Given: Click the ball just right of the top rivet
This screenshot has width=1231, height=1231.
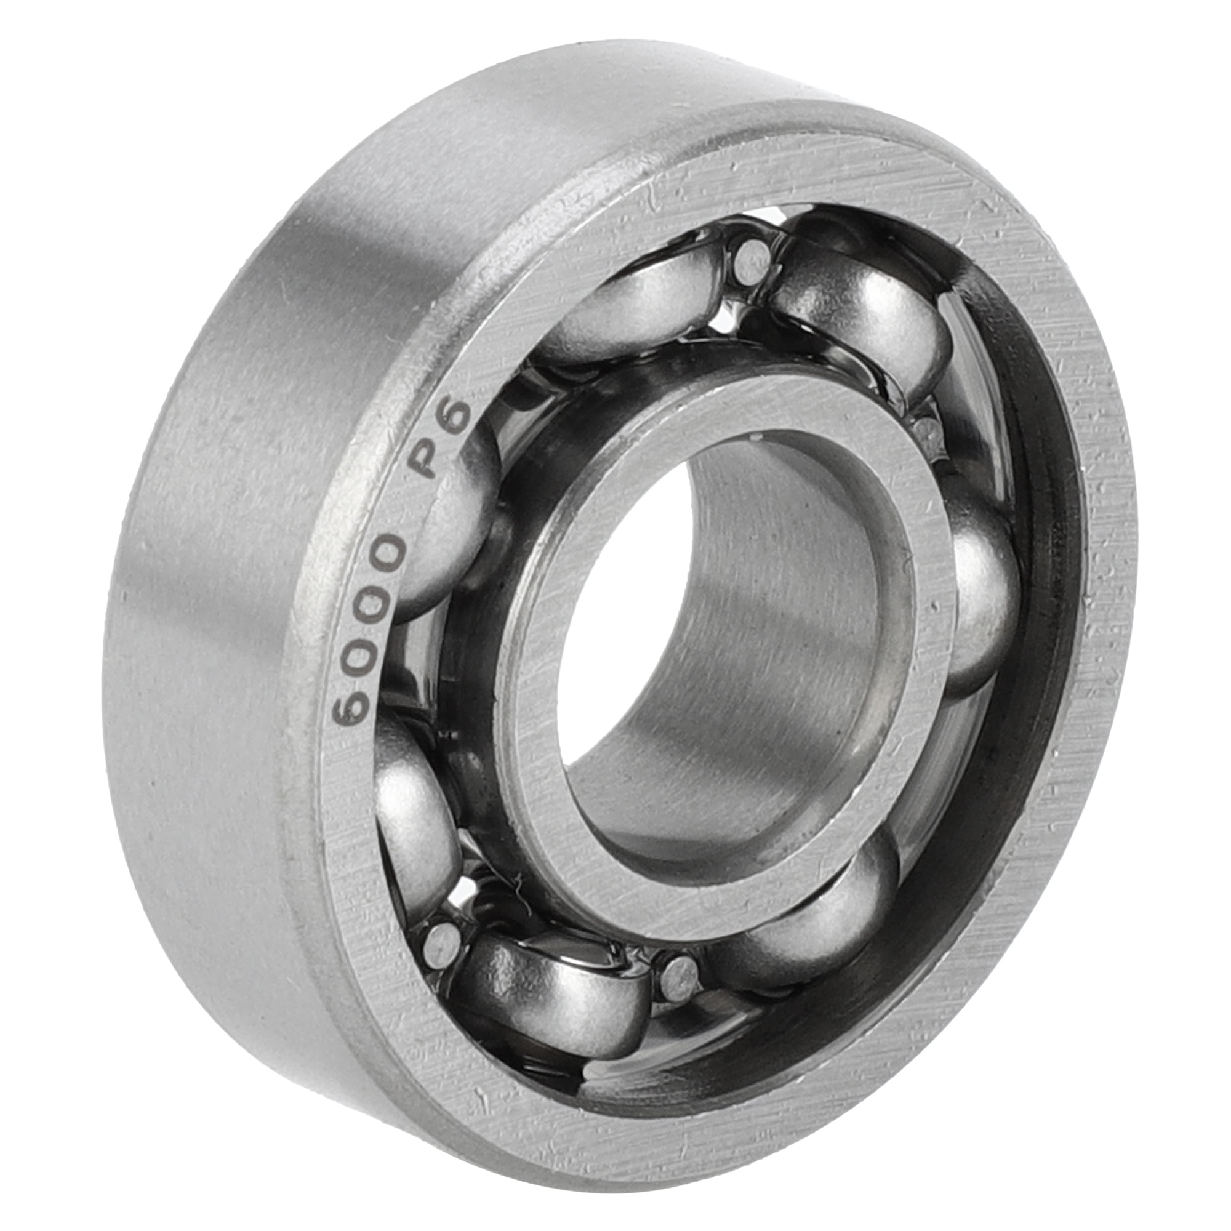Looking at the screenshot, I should (860, 319).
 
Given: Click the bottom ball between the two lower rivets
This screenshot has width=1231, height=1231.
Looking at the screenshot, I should (555, 994).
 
